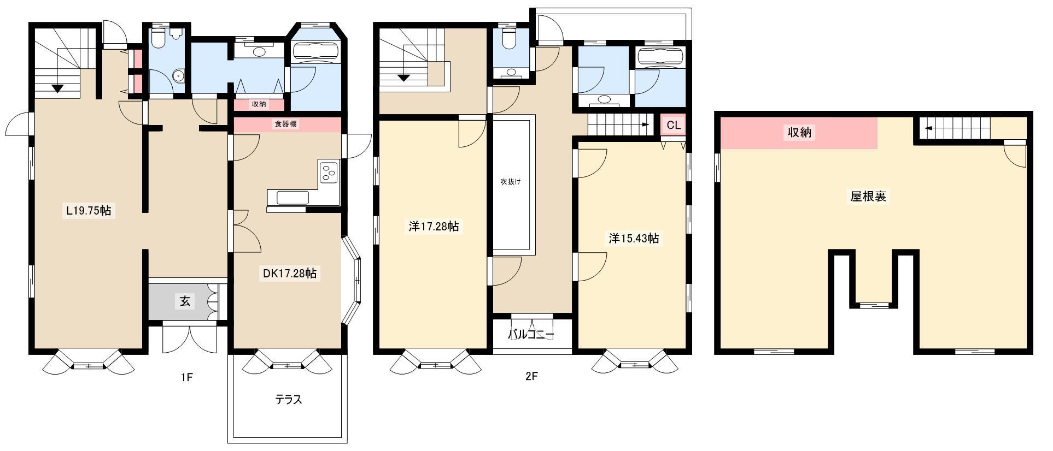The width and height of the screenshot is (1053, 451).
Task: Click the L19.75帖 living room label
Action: (88, 210)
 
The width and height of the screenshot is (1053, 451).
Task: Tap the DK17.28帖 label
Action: (289, 274)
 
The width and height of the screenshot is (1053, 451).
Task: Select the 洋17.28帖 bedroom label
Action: (434, 226)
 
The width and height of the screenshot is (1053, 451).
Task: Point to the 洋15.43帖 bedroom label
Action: (634, 239)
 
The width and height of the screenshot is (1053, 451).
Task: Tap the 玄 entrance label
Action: (185, 301)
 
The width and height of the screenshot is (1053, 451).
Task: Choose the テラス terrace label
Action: (288, 400)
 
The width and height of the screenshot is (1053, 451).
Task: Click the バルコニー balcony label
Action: (531, 335)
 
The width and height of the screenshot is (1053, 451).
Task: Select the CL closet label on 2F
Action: (674, 125)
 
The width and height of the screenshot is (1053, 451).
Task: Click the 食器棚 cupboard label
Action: (286, 124)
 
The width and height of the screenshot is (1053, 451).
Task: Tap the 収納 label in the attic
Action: (799, 132)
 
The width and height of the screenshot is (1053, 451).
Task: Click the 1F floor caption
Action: (186, 377)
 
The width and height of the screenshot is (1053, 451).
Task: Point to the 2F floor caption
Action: (531, 376)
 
